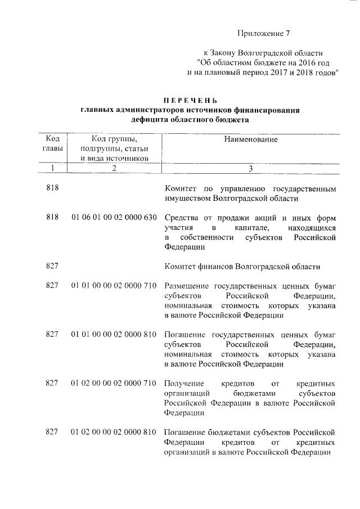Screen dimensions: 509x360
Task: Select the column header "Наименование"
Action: pyautogui.click(x=251, y=138)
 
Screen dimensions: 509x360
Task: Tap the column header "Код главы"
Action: pyautogui.click(x=52, y=143)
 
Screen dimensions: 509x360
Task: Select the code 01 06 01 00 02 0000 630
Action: pyautogui.click(x=114, y=218)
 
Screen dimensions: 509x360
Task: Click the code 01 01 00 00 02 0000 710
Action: pyautogui.click(x=114, y=286)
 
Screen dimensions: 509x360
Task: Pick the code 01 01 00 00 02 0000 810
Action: pyautogui.click(x=114, y=334)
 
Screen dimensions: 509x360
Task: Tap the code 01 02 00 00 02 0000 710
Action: pyautogui.click(x=114, y=383)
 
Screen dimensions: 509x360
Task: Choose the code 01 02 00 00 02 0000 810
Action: pyautogui.click(x=114, y=432)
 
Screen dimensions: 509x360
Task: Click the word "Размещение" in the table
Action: pyautogui.click(x=187, y=286)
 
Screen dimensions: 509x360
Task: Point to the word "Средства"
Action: pyautogui.click(x=181, y=218)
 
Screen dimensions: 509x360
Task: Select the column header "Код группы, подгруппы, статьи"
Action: pyautogui.click(x=114, y=148)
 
